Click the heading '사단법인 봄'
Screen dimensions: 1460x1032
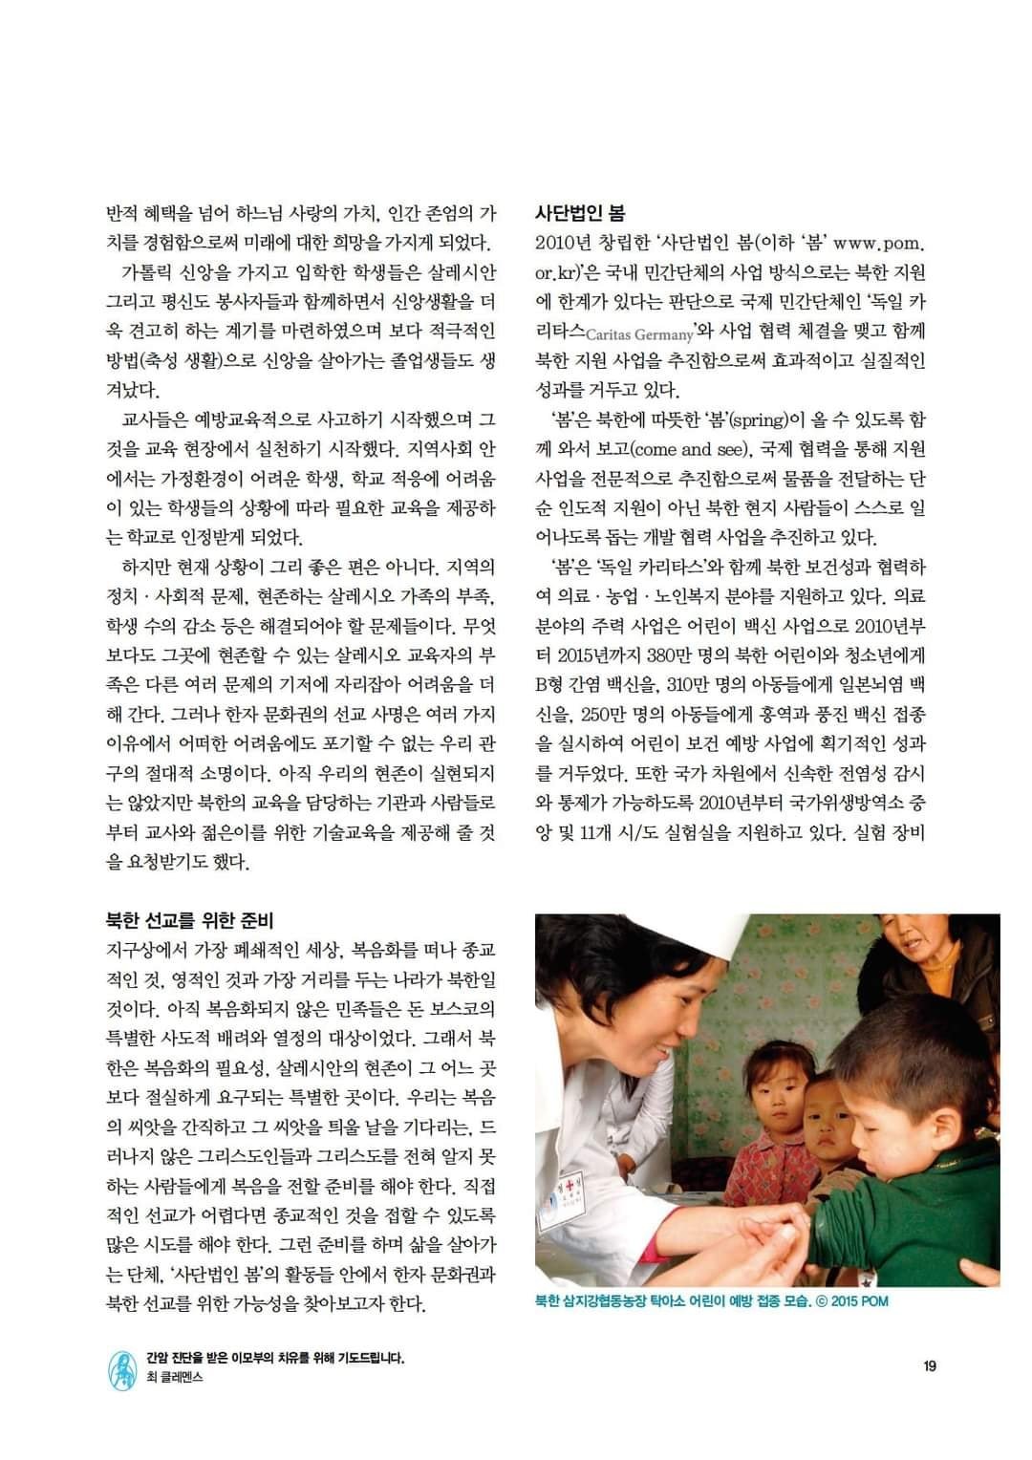579,213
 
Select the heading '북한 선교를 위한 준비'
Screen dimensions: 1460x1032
189,920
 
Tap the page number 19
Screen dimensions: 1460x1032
929,1365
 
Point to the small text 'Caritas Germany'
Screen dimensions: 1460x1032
638,335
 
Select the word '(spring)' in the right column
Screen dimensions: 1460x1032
763,419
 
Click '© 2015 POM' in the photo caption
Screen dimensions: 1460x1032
852,1301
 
